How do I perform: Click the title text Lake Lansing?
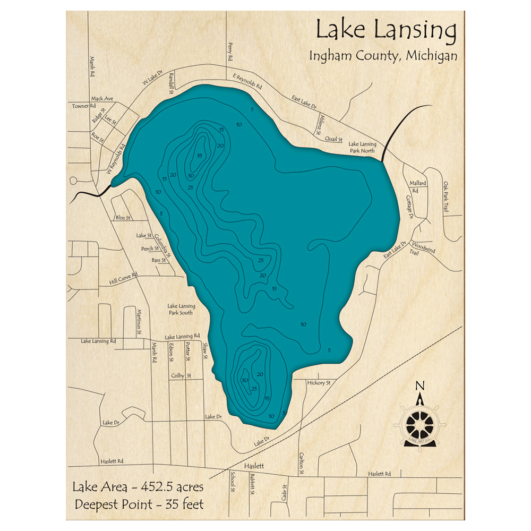[x=386, y=31]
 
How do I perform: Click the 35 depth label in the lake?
[x=199, y=156]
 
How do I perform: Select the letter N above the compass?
[x=419, y=386]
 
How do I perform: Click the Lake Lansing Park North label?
[x=362, y=147]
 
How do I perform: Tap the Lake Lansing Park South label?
[x=181, y=309]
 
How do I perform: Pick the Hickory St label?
[x=319, y=382]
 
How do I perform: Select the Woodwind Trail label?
[x=423, y=250]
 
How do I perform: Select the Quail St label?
[x=333, y=139]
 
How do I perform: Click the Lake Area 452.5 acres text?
[x=139, y=487]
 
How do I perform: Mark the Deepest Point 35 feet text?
[x=139, y=504]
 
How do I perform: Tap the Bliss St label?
[x=123, y=218]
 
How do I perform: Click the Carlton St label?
[x=301, y=463]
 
